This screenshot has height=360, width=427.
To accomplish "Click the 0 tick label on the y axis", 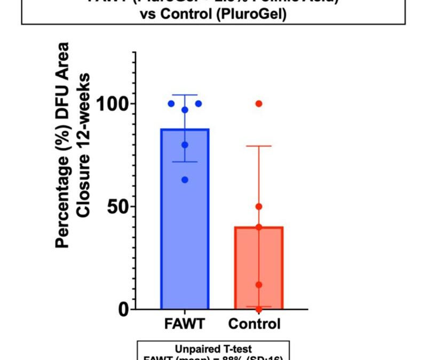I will pyautogui.click(x=124, y=309).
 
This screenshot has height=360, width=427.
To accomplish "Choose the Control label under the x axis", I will pyautogui.click(x=254, y=324).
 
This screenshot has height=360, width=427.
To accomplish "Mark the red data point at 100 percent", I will pyautogui.click(x=259, y=103).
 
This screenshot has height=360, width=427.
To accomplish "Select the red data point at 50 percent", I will pyautogui.click(x=259, y=206).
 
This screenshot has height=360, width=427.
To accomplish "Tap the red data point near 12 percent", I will pyautogui.click(x=259, y=285).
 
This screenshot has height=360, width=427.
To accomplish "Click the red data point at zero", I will pyautogui.click(x=259, y=309).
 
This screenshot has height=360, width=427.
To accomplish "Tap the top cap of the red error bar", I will pyautogui.click(x=259, y=146).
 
